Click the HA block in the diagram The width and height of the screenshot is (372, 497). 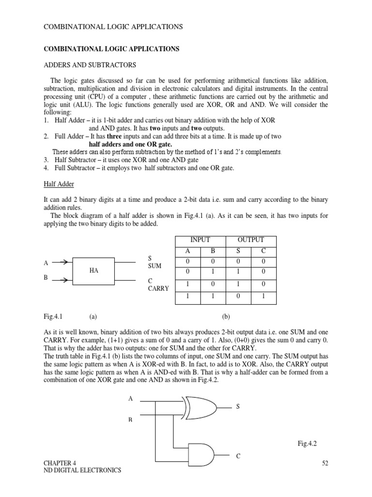[x=93, y=271]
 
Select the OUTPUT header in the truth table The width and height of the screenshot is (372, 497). [x=250, y=240]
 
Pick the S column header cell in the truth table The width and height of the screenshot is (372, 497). [x=238, y=251]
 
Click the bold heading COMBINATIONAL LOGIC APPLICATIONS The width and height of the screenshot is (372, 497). [x=111, y=49]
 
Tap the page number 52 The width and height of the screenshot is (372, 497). [x=325, y=463]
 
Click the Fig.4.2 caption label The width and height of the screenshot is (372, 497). [x=307, y=443]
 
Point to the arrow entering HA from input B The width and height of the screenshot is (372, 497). [x=60, y=280]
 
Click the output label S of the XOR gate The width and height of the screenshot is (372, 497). [x=238, y=406]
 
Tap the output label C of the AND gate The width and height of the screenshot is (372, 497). [x=238, y=456]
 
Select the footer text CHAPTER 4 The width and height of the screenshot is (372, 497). [x=60, y=463]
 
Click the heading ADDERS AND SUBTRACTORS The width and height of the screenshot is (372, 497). [x=90, y=65]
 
